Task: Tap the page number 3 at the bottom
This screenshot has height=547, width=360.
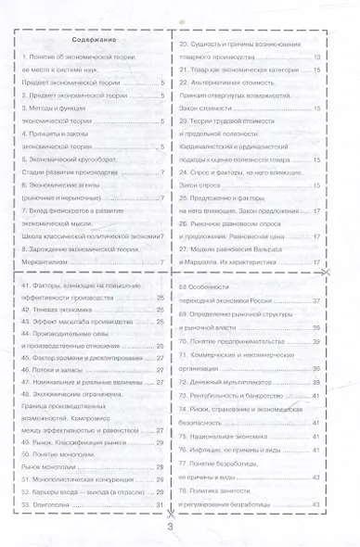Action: pyautogui.click(x=171, y=527)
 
